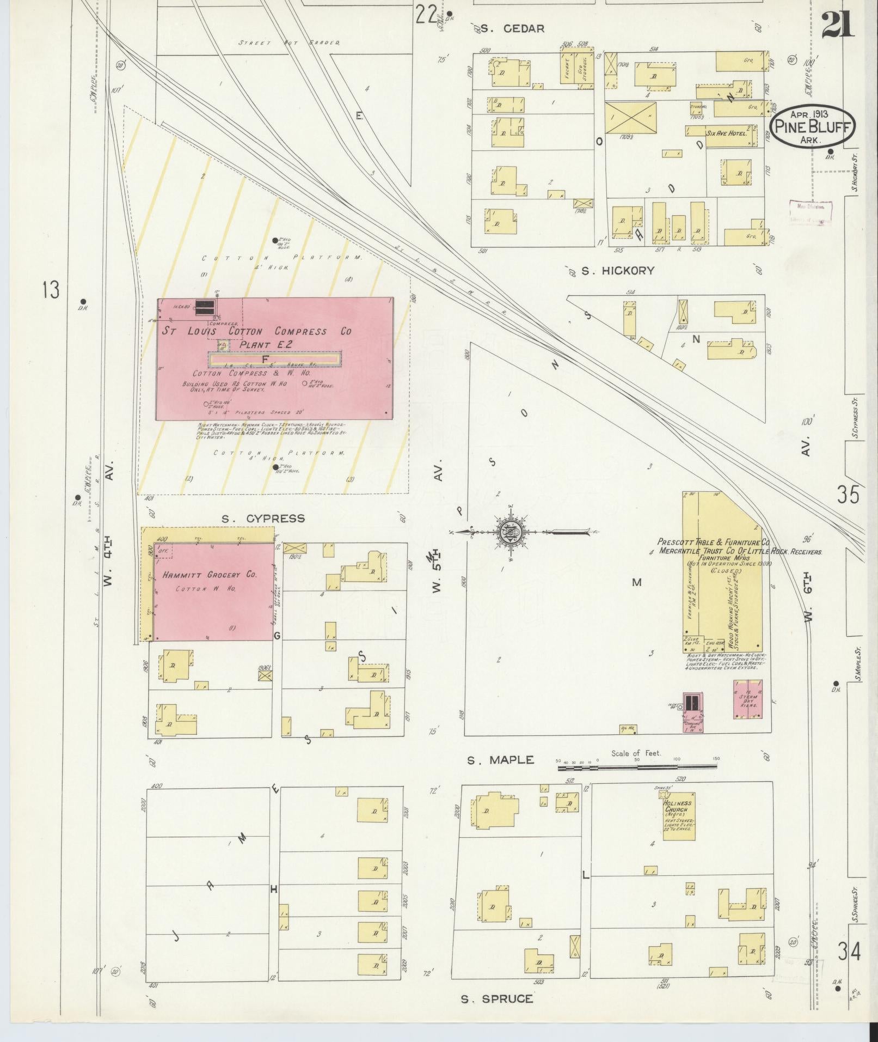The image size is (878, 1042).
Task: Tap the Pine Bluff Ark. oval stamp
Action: point(812,126)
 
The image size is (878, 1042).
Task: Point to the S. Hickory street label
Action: point(617,271)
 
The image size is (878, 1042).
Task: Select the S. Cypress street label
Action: point(263,518)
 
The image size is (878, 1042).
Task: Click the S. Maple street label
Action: point(500,760)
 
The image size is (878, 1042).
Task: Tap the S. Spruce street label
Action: point(496,998)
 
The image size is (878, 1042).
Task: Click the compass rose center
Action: point(511,532)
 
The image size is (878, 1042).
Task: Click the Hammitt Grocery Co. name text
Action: point(209,575)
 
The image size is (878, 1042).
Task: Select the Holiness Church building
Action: point(678,815)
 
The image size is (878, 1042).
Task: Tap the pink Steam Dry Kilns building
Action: point(747,699)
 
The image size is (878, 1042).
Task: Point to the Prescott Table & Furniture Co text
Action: point(713,543)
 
